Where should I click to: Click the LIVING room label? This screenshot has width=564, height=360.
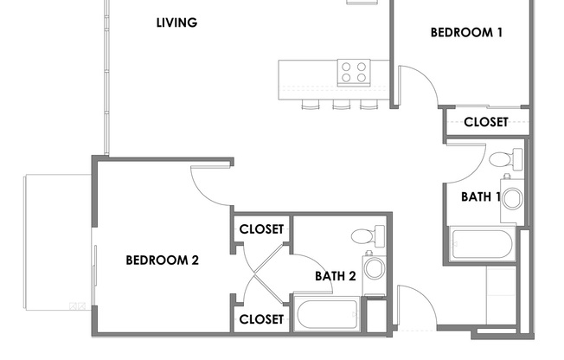176,23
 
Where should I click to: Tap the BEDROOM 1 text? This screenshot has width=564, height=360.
467,33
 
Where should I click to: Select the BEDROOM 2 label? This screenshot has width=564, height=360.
163,259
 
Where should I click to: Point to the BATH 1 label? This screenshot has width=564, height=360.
481,196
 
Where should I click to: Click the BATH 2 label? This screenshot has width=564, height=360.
335,276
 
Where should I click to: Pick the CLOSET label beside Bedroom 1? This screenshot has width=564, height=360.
485,122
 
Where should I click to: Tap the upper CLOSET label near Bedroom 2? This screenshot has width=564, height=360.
261,229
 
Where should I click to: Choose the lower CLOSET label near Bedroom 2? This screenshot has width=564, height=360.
261,319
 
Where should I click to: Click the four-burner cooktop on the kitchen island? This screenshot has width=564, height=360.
352,71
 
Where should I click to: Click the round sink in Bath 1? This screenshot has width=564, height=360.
512,198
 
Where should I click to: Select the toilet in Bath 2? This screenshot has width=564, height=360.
368,235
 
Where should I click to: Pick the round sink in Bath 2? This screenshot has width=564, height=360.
375,267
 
